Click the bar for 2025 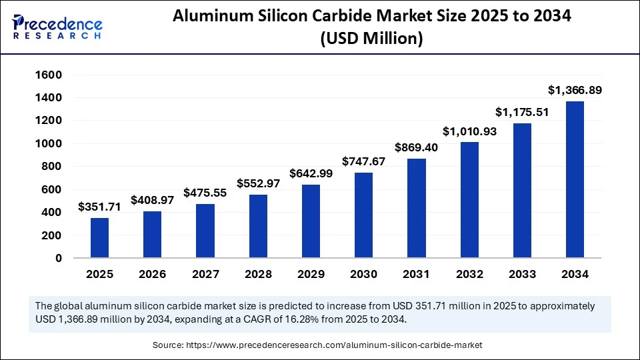point(99,238)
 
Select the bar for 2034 point(575,179)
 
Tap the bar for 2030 point(363,215)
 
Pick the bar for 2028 point(258,226)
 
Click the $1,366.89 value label point(575,89)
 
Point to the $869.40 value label point(416,147)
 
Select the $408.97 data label point(152,199)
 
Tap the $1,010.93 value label point(469,131)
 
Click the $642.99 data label point(311,173)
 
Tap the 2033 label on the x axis point(522,274)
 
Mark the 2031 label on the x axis point(416,274)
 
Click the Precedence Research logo point(57,26)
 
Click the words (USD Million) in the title point(372,39)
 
